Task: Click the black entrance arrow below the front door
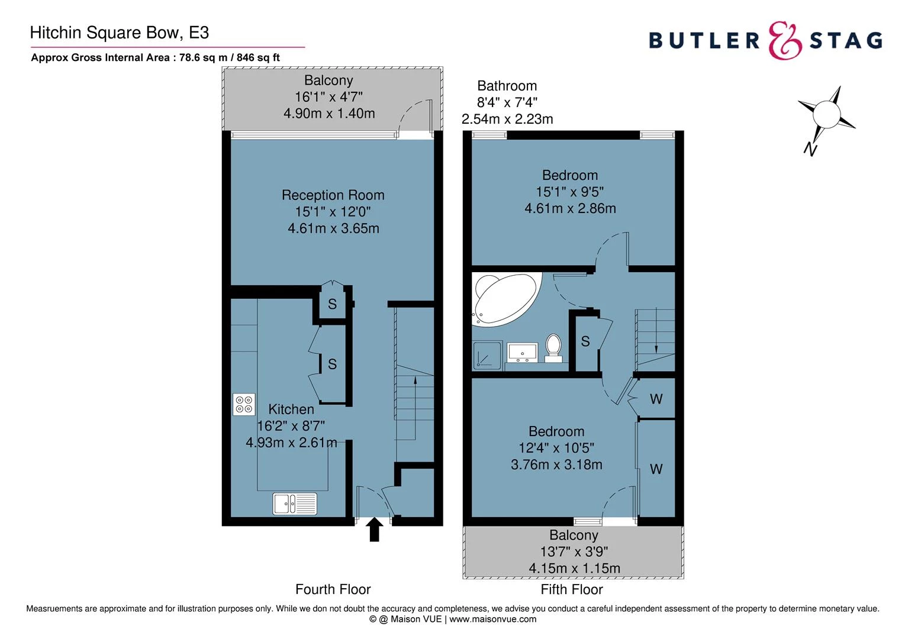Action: [374, 530]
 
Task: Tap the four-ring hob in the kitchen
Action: [244, 404]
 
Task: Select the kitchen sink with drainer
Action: [295, 504]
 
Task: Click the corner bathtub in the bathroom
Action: [504, 298]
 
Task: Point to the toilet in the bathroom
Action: [553, 348]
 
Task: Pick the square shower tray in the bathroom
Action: [487, 356]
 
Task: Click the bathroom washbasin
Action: [522, 351]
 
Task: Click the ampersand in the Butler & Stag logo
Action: [785, 41]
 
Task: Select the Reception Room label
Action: [333, 195]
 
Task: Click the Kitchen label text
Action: [291, 409]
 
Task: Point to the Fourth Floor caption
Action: [333, 589]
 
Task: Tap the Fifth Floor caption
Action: [571, 589]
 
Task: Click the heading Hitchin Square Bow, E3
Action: [119, 33]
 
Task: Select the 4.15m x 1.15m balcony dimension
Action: [574, 568]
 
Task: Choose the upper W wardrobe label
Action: [656, 399]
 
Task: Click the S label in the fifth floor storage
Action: [585, 341]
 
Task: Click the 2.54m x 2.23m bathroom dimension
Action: [507, 119]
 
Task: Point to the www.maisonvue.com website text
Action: [492, 619]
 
